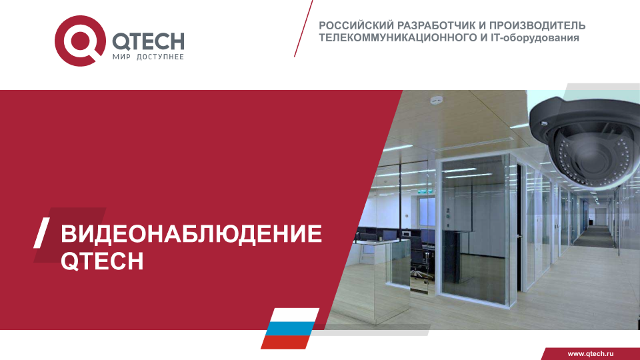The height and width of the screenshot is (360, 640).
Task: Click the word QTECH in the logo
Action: click(148, 41)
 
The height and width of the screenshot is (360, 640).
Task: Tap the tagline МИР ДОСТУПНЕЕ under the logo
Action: click(148, 57)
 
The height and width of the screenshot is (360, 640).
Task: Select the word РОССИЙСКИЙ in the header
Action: click(356, 26)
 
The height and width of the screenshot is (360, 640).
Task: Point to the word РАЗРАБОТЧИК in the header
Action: click(437, 25)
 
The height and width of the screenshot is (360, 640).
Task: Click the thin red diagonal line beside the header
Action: click(303, 29)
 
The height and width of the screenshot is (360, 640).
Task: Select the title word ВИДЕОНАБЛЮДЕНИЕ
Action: click(191, 234)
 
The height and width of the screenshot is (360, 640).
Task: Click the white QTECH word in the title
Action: click(102, 261)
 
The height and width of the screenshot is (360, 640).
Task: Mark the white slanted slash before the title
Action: click(41, 233)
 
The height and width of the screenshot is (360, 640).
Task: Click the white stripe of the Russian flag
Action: click(294, 315)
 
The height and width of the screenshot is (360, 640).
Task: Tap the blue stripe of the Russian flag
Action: click(289, 329)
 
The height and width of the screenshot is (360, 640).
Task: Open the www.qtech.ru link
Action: click(591, 354)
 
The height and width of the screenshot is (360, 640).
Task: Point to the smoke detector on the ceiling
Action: click(436, 100)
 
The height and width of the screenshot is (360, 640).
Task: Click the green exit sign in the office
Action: click(426, 191)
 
